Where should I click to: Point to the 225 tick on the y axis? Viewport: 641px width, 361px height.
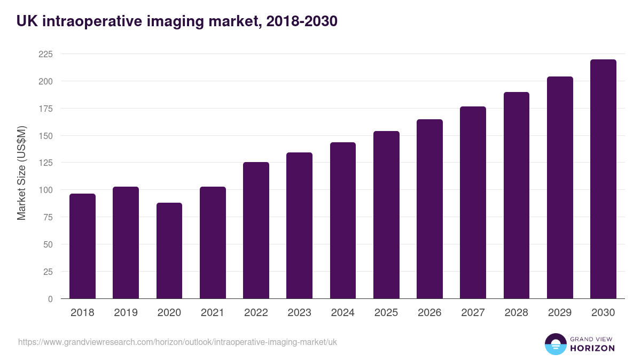tap(45, 54)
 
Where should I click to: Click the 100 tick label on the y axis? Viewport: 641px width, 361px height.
tap(45, 190)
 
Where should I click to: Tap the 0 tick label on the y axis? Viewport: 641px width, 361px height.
tap(50, 299)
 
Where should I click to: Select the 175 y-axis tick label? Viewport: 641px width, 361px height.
tap(45, 109)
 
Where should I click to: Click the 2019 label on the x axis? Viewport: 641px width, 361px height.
tap(126, 313)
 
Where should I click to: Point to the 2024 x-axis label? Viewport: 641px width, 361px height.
tap(342, 313)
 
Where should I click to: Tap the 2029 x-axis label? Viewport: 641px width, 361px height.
tap(559, 313)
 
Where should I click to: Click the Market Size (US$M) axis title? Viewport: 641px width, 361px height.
tap(21, 173)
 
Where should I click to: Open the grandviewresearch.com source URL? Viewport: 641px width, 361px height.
tap(177, 342)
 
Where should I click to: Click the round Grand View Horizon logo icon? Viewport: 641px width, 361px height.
tap(555, 344)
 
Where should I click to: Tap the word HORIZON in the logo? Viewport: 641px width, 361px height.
tap(592, 348)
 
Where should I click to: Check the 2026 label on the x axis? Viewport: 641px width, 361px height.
tap(429, 313)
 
